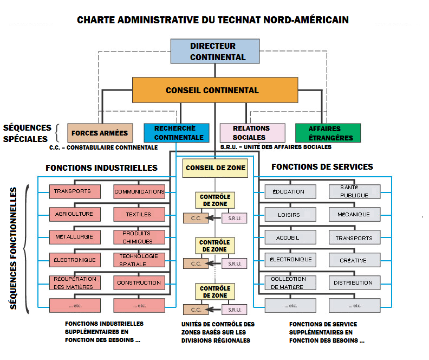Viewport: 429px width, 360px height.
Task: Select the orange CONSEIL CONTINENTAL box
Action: point(215,90)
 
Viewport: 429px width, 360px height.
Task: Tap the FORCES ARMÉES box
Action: point(100,133)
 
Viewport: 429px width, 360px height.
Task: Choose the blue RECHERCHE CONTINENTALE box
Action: point(176,133)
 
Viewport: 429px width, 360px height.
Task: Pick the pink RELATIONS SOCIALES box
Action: point(252,133)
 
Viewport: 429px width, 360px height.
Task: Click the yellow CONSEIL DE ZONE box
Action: point(215,168)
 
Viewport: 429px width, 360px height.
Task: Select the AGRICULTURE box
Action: point(75,214)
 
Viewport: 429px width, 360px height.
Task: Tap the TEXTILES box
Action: point(139,214)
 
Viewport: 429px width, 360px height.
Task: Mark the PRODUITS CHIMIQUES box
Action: point(139,237)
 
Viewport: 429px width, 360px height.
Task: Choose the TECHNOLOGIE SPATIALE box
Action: point(139,260)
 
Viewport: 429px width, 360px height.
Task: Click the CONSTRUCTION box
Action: point(139,282)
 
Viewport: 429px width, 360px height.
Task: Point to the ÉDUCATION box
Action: point(289,191)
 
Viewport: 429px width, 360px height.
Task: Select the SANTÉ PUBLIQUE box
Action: point(354,191)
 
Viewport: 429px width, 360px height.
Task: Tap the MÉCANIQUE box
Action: point(354,214)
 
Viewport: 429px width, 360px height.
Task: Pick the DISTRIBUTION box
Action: point(354,282)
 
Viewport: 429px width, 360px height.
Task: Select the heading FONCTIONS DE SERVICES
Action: point(322,167)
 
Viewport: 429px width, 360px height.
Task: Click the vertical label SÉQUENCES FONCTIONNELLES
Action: point(15,249)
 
